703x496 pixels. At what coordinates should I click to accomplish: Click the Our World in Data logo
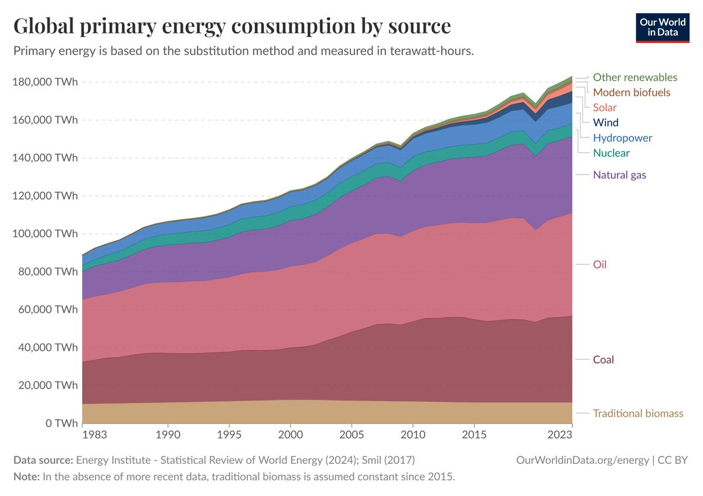coord(663,26)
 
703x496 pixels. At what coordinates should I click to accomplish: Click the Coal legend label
coord(603,360)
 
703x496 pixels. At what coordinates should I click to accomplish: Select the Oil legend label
coord(600,265)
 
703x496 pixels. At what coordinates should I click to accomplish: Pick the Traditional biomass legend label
coord(638,413)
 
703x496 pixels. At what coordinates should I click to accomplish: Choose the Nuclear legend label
coord(611,153)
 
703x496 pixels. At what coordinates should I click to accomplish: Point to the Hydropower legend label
coord(622,138)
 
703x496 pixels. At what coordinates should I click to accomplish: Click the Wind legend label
coord(606,123)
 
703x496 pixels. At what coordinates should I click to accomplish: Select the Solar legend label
coord(605,108)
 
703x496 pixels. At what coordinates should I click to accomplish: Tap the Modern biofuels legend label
coord(632,93)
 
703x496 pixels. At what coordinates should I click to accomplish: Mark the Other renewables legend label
coord(635,77)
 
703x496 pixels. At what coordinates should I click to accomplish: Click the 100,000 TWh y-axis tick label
coord(45,234)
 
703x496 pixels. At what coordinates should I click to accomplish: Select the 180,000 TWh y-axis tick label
coord(45,82)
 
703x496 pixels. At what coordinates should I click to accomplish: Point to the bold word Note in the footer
coord(26,476)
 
